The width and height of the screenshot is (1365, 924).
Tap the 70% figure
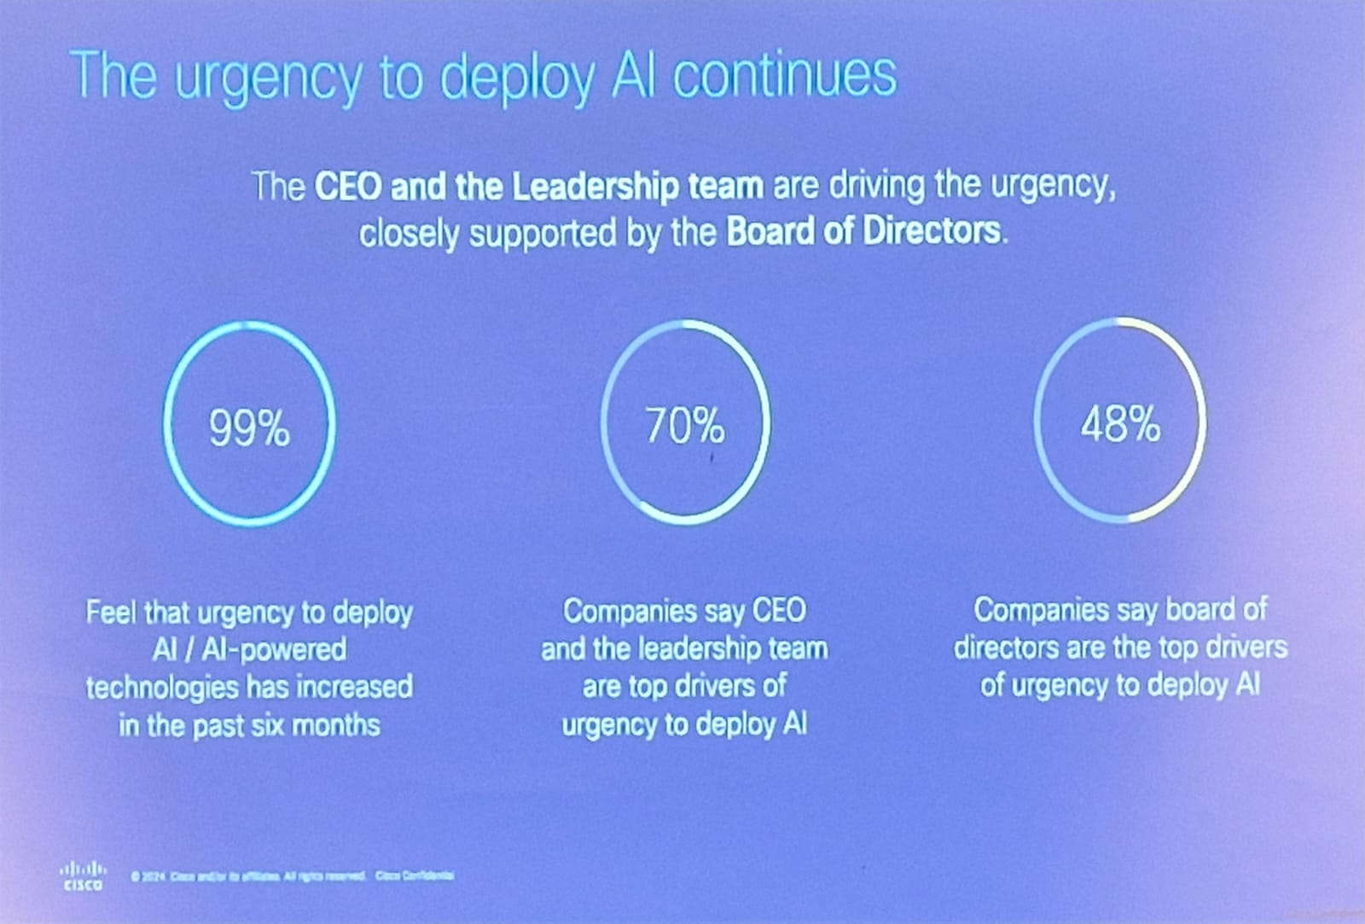click(x=684, y=425)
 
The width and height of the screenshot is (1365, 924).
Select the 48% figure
click(x=1120, y=423)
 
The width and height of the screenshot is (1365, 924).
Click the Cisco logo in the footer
click(x=83, y=875)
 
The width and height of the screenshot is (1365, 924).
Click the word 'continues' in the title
click(x=785, y=75)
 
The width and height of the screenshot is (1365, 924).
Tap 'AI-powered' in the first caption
click(x=274, y=650)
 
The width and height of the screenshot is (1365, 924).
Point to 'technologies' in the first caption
click(x=162, y=688)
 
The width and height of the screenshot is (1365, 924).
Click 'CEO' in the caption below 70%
click(x=778, y=611)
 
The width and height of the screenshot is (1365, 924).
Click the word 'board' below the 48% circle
click(x=1204, y=609)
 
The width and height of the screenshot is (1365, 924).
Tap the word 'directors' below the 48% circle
click(x=1007, y=648)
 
